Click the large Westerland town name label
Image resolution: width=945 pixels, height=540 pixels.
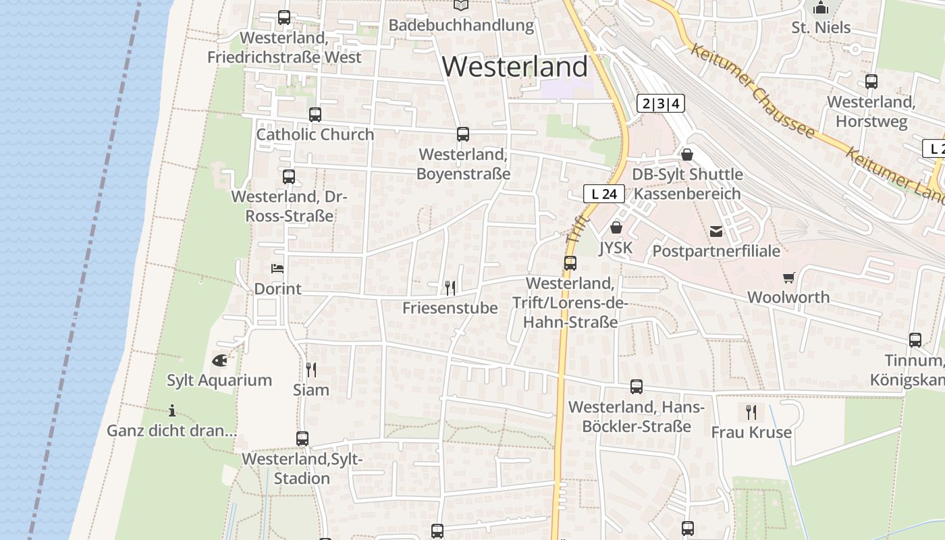click(515, 67)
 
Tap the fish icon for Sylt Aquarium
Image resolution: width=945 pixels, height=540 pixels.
click(219, 360)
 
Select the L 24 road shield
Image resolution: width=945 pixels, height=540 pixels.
click(604, 194)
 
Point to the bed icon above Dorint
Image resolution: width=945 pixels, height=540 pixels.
click(277, 269)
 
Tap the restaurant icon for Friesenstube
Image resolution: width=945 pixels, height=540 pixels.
click(450, 288)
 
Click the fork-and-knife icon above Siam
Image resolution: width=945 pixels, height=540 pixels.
click(311, 369)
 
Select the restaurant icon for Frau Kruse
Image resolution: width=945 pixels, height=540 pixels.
click(751, 412)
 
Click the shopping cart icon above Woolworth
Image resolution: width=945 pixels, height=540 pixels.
click(788, 277)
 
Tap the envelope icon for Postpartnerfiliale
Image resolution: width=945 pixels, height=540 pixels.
click(716, 232)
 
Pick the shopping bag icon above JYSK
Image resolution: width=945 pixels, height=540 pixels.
click(616, 228)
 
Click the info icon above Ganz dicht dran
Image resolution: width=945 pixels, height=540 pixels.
click(172, 410)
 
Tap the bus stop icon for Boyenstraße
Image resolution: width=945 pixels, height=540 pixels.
click(463, 134)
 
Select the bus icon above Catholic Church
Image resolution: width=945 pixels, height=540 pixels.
click(315, 115)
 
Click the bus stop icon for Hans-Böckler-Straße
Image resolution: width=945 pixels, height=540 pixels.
click(637, 387)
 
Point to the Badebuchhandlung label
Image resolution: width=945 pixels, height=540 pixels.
click(461, 26)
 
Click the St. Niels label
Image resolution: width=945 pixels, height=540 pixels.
click(821, 28)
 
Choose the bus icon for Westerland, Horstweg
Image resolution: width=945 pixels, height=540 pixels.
click(871, 82)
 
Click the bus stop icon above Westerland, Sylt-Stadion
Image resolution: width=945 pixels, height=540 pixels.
click(302, 439)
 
